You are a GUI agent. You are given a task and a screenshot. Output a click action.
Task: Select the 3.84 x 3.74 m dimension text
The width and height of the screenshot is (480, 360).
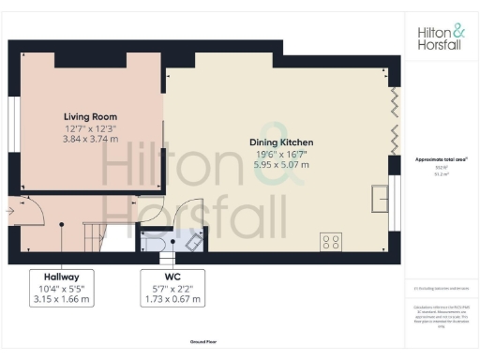(90, 138)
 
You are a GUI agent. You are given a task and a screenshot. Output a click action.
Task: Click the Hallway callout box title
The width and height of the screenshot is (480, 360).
(60, 277)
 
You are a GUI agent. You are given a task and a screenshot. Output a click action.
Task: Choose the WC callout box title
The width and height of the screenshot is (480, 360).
(173, 277)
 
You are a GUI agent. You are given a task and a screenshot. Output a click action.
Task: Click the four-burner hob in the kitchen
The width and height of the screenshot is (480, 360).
(331, 240)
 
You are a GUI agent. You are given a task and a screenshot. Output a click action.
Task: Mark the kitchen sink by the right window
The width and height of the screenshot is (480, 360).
(381, 198)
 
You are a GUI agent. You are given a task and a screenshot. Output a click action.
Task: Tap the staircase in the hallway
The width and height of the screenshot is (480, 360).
(97, 232)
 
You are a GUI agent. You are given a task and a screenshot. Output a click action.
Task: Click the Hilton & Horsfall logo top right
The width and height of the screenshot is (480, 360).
(439, 37)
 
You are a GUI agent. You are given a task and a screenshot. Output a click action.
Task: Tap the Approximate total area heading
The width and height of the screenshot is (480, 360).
(439, 159)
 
